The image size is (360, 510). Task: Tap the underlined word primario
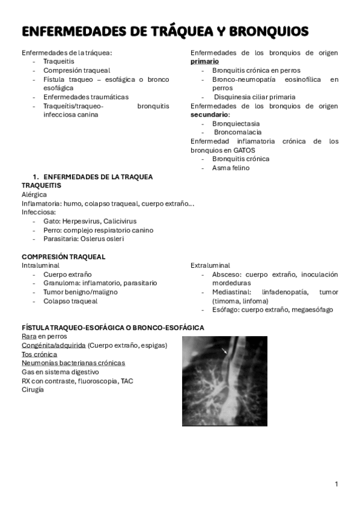204,61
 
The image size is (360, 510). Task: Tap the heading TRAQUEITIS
41,186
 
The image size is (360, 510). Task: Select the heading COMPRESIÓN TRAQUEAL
64,257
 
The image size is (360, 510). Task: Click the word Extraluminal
210,265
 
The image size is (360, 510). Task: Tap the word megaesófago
311,310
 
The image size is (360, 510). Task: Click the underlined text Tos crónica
40,354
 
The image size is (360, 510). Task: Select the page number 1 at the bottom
337,484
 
